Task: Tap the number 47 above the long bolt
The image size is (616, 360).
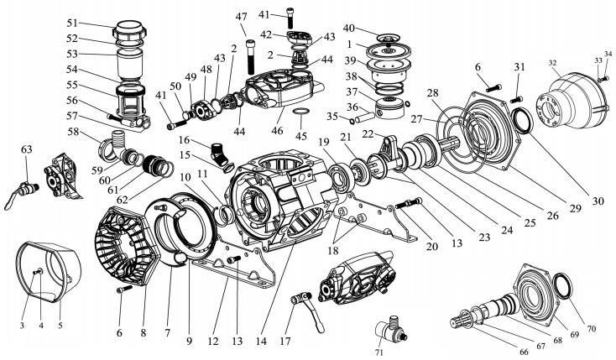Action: (x=242, y=18)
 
